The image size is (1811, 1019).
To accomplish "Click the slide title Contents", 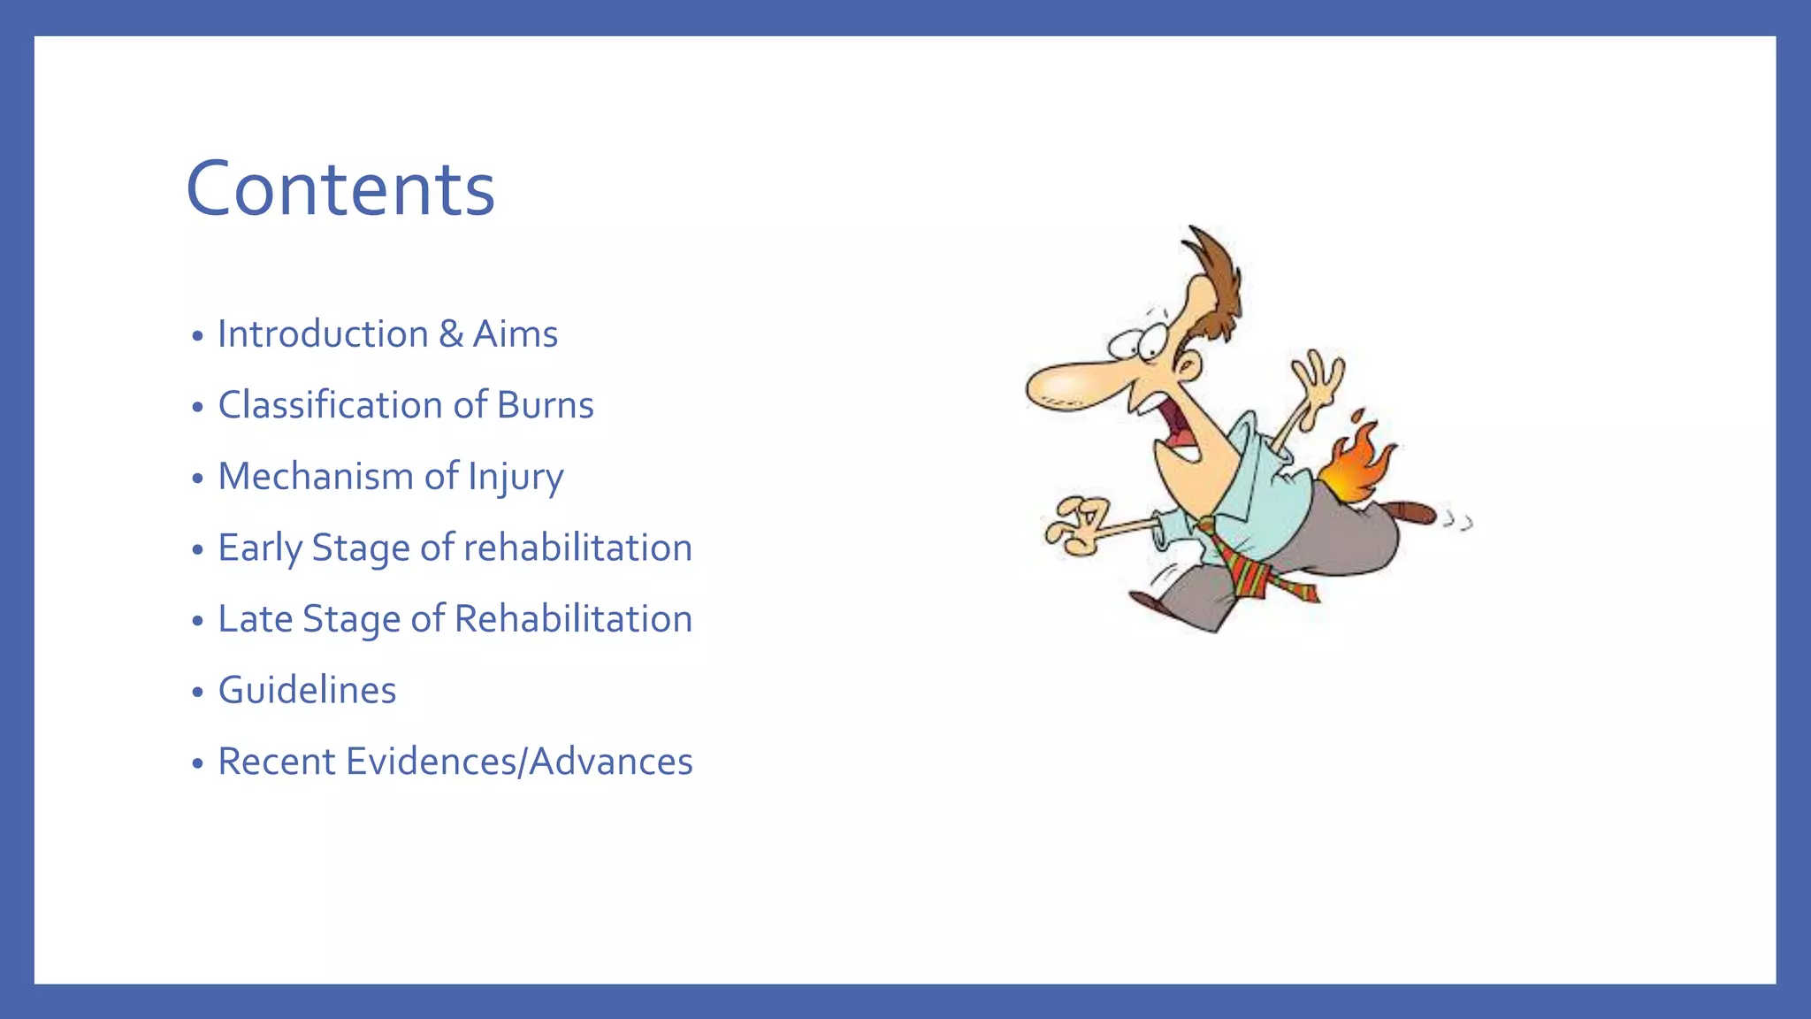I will click(340, 188).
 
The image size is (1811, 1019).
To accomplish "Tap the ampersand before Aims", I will click(451, 334).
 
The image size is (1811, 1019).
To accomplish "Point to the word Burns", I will click(545, 405).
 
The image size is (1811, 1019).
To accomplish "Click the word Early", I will click(259, 548).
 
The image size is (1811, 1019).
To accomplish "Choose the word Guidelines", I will click(307, 690).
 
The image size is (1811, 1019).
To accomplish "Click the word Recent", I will click(275, 762).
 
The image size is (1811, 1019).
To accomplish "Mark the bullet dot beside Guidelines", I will click(198, 692).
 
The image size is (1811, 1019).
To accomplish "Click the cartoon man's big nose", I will click(1066, 386).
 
